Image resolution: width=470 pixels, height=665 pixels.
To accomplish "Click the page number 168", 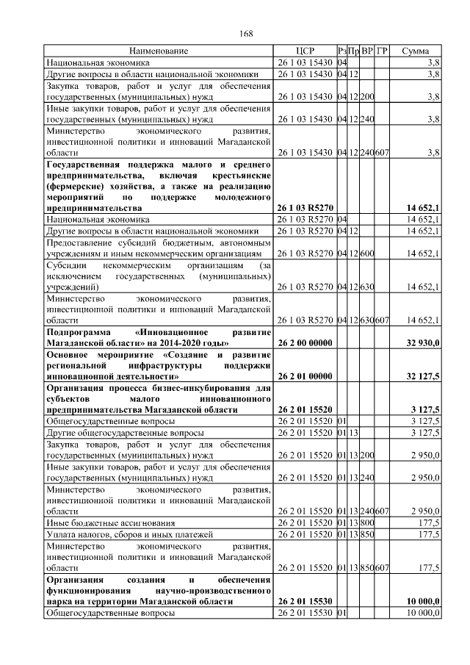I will (x=246, y=32).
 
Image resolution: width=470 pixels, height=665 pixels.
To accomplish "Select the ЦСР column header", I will (x=305, y=51).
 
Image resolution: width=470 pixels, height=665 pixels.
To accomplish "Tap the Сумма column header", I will (x=416, y=51).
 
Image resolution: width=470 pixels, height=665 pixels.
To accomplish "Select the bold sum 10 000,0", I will (x=422, y=601).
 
